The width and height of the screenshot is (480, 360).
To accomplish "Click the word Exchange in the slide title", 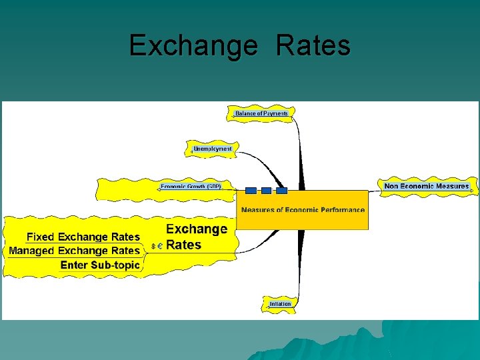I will pos(192,46).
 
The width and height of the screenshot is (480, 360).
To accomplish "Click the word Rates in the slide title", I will pos(313,46).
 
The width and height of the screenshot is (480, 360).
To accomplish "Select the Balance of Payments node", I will pos(261,113).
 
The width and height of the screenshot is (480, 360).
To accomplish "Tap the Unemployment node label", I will pos(213,149).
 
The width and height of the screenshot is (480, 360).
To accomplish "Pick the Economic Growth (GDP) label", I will pos(191,187).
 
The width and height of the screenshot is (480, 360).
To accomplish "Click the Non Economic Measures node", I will pos(427,186).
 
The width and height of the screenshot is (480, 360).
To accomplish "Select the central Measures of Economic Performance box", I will pos(303,209).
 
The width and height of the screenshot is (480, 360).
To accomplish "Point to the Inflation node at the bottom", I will pos(280,304).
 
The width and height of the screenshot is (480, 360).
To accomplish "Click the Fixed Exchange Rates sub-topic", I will pos(83,237).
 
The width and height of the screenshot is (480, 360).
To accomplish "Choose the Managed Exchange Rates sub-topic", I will pos(75,251).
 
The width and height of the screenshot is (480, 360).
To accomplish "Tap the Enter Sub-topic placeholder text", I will pos(100,265).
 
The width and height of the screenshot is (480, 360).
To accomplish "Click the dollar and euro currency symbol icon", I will pos(157,246).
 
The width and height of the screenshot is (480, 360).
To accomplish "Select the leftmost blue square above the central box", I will pos(251,191).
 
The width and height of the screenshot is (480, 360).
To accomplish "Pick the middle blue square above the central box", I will pos(266,191).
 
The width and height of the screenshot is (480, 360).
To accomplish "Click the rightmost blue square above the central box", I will pos(281,191).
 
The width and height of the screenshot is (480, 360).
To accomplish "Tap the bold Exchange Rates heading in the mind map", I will pos(196,237).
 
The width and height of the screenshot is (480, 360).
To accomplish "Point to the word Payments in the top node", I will pos(275,113).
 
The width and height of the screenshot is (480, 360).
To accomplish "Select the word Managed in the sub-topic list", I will pos(32,251).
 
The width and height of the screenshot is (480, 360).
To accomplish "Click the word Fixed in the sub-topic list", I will pos(41,237).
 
